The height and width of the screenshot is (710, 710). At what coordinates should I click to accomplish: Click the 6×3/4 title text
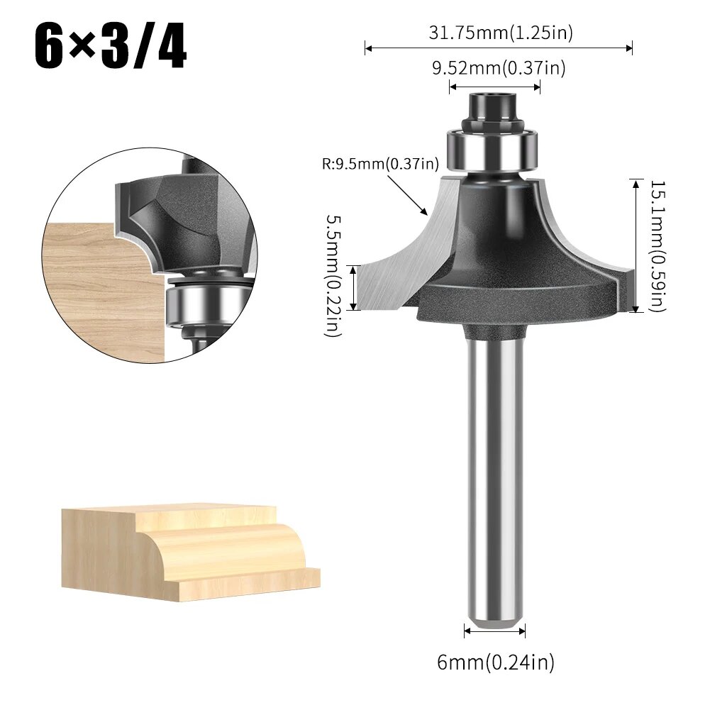click(x=111, y=47)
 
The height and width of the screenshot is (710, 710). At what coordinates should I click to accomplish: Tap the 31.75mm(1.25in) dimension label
click(x=500, y=32)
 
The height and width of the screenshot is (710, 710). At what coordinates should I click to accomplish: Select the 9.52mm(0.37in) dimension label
click(x=499, y=68)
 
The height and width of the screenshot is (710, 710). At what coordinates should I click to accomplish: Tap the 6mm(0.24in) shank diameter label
click(x=495, y=662)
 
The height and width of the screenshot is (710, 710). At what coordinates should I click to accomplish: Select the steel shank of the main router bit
click(x=495, y=482)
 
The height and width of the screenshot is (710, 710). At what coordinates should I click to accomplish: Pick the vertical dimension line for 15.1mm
click(x=635, y=245)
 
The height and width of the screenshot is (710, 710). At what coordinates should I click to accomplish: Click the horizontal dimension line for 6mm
click(x=495, y=629)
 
